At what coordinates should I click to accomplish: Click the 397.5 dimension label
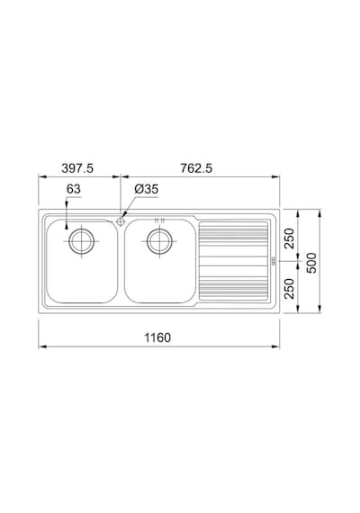click(77, 168)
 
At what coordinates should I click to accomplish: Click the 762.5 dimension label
click(196, 168)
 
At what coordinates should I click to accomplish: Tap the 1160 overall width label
click(157, 337)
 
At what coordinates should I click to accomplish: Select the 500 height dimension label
click(312, 263)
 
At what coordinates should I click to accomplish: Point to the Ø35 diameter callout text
click(147, 189)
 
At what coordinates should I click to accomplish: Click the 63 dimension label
click(73, 189)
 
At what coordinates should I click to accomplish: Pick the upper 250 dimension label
click(289, 238)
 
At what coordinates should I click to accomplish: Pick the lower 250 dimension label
click(289, 289)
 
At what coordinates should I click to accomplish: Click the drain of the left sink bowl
click(81, 241)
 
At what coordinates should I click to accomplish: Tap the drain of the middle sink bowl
click(159, 241)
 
